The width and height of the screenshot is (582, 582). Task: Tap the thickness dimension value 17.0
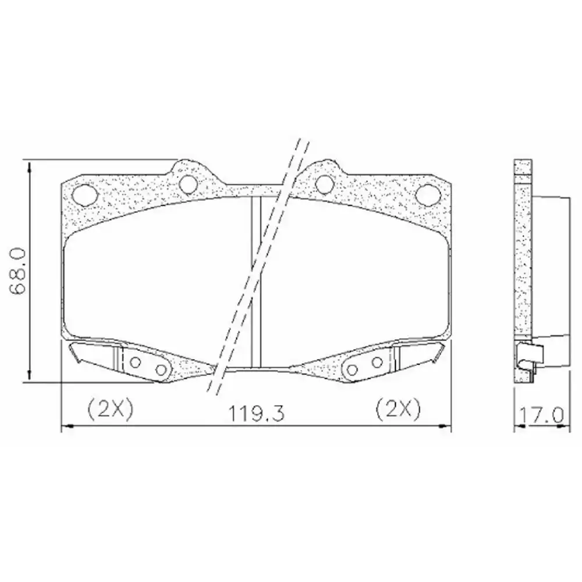pyautogui.click(x=541, y=416)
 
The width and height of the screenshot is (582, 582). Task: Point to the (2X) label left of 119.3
pyautogui.click(x=111, y=409)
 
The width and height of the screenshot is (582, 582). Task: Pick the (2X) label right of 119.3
pyautogui.click(x=398, y=409)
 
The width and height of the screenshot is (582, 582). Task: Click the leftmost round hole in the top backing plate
pyautogui.click(x=84, y=193)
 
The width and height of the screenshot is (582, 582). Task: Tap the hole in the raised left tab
pyautogui.click(x=187, y=183)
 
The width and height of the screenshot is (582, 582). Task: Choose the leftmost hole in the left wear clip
pyautogui.click(x=135, y=362)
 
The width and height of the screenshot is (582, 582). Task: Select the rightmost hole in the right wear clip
pyautogui.click(x=377, y=362)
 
